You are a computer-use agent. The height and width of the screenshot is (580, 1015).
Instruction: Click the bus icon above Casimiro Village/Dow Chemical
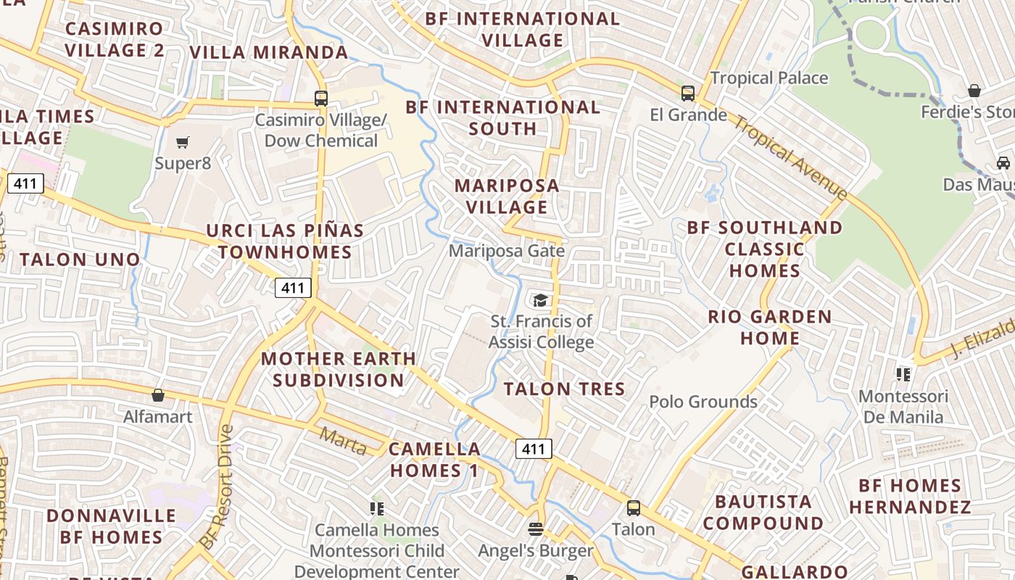(x=320, y=99)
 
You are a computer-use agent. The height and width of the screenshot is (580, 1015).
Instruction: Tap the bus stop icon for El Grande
(x=687, y=94)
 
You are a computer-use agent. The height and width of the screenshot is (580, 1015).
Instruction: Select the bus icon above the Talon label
(x=634, y=508)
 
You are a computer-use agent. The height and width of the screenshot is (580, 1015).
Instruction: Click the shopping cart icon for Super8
(x=183, y=142)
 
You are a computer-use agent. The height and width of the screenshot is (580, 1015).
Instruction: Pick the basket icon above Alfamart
(x=157, y=395)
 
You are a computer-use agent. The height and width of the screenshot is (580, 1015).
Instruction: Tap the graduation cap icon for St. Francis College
(x=540, y=300)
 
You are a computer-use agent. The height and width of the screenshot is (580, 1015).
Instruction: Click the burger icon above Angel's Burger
(x=536, y=529)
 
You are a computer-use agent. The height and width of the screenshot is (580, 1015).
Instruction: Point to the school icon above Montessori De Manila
(x=903, y=375)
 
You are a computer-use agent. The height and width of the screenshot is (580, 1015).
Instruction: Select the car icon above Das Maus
(x=1003, y=162)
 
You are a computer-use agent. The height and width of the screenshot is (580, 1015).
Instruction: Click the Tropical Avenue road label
(x=790, y=157)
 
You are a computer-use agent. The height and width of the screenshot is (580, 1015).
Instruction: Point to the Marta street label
(x=343, y=442)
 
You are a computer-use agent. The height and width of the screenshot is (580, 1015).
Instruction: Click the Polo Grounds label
(x=703, y=402)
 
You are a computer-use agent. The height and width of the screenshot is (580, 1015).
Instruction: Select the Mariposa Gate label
(x=506, y=251)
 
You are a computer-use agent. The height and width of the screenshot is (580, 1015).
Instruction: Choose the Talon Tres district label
(x=564, y=389)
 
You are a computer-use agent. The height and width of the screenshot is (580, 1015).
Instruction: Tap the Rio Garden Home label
(x=769, y=327)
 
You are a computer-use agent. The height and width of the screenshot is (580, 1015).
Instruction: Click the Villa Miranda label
(x=269, y=52)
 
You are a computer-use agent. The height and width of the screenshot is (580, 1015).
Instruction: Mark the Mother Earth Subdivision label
(x=339, y=369)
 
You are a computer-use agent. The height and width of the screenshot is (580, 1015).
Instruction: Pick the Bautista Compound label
(x=763, y=512)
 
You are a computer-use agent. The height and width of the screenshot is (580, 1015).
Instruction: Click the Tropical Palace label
(x=768, y=78)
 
